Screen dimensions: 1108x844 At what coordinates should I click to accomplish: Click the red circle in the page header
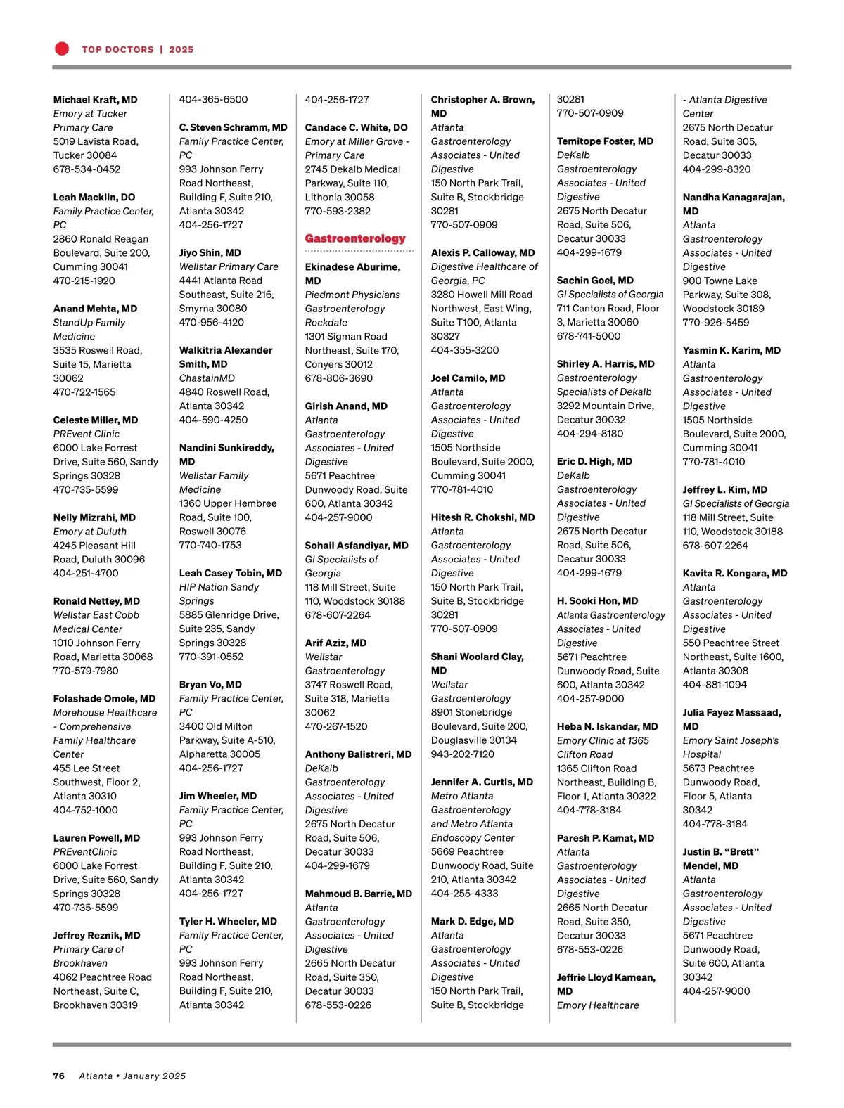[x=62, y=49]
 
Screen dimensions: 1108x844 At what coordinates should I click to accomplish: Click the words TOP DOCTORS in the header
[x=117, y=50]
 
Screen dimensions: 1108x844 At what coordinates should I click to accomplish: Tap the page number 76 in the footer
[x=59, y=1076]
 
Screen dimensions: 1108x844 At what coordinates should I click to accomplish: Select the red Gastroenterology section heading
[x=355, y=239]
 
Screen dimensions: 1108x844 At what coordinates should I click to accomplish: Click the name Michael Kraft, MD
[x=95, y=100]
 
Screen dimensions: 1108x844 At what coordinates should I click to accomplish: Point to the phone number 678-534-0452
[x=87, y=169]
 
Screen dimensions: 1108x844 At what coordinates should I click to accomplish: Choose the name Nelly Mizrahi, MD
[x=94, y=517]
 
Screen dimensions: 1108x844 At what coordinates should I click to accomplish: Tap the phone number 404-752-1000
[x=86, y=810]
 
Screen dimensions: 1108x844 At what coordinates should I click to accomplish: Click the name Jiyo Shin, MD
[x=210, y=253]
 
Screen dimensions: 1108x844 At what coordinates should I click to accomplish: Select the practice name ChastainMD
[x=207, y=378]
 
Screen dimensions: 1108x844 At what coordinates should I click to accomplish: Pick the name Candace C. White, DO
[x=356, y=128]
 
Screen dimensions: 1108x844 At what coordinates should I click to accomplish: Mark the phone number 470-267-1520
[x=336, y=726]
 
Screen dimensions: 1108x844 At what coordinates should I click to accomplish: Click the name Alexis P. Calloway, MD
[x=482, y=253]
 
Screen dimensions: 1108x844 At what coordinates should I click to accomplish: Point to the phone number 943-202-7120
[x=462, y=754]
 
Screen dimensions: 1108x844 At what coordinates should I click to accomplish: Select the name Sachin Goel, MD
[x=595, y=281]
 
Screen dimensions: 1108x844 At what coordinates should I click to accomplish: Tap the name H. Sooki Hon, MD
[x=597, y=601]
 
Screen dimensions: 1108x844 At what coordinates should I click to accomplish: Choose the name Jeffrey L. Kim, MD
[x=724, y=490]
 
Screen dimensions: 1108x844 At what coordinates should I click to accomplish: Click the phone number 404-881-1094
[x=715, y=685]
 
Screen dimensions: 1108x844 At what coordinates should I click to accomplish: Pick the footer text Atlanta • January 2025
[x=132, y=1076]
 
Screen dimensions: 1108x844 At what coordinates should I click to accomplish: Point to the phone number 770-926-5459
[x=715, y=323]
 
